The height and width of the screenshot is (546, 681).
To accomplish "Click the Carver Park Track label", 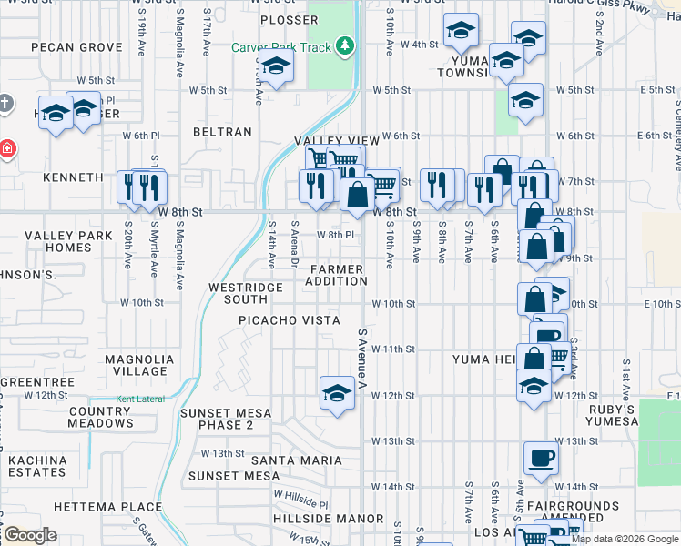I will coord(280,46).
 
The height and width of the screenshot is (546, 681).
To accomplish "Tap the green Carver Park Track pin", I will coord(344,45).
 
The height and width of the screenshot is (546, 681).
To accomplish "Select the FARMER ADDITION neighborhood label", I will coord(335,275).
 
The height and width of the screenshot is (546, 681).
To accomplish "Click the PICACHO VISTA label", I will coord(290,320).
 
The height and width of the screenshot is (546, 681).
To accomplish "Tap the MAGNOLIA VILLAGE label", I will coord(139,365).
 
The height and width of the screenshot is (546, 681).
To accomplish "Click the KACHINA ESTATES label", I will coord(36,466).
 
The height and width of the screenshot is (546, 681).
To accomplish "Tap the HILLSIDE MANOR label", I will coord(315,519).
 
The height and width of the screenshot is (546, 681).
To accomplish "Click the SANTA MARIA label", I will coord(298,460).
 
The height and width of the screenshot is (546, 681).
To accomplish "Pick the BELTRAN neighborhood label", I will coord(222,132).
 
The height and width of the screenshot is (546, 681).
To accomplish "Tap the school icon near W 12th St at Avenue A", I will coord(337,393).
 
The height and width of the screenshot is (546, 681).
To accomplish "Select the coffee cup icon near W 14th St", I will coord(542,458).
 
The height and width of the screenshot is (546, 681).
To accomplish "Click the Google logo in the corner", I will coord(29,535).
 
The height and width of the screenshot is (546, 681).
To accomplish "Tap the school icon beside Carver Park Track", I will coord(276,66).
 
